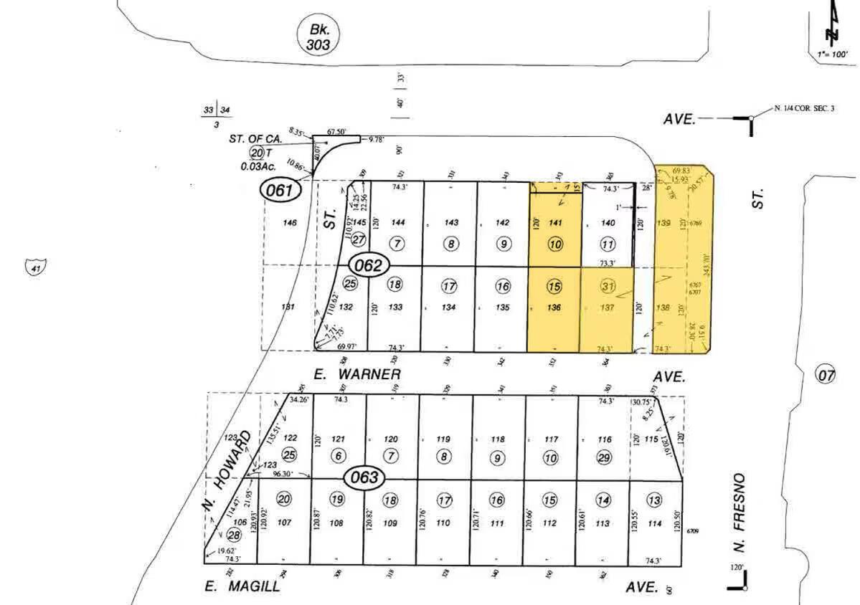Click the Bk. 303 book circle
coord(318,37)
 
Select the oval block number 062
coord(369,265)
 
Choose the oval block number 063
coord(364,477)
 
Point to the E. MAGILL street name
coord(242,586)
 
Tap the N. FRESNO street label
coord(739,513)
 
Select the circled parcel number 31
coord(608,286)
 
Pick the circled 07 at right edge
coord(826,373)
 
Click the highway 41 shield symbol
coord(34,268)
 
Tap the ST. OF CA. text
coord(256,138)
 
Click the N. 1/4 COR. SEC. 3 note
coord(805,108)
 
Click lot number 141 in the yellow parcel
coord(554,223)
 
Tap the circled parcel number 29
coord(604,457)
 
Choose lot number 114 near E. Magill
coord(654,523)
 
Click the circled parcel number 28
coord(234,534)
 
